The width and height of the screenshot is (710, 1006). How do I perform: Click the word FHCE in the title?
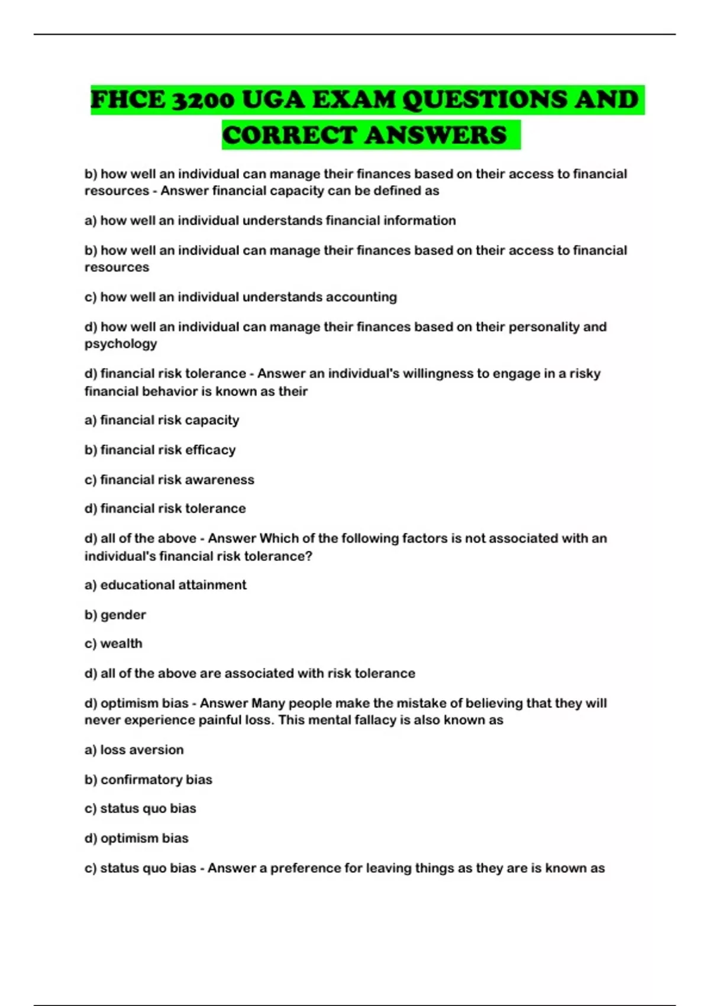click(128, 100)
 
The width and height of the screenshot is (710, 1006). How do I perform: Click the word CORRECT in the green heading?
click(289, 135)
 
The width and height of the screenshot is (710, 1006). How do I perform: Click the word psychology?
click(121, 344)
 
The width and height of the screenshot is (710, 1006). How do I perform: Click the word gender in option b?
click(123, 615)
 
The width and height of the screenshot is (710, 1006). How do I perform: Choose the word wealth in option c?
click(121, 643)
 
